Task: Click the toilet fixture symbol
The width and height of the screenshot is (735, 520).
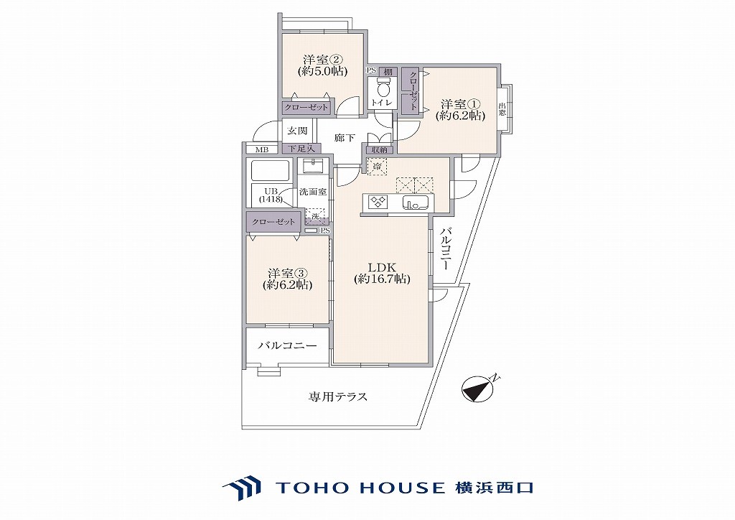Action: click(x=383, y=87)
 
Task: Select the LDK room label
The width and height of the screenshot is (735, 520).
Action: click(x=382, y=274)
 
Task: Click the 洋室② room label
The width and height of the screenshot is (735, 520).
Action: click(x=322, y=65)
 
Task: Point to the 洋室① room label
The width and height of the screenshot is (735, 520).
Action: click(x=460, y=110)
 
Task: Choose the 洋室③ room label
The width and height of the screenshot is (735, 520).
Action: click(x=287, y=279)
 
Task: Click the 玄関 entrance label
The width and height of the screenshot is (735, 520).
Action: click(x=297, y=130)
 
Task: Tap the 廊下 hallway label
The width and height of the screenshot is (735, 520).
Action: click(x=345, y=138)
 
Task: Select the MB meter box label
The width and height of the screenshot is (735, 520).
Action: click(x=262, y=150)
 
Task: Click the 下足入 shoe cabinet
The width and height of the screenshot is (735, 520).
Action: click(x=302, y=149)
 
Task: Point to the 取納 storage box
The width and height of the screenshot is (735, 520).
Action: click(x=379, y=149)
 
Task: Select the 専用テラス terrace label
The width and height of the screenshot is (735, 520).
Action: click(x=338, y=396)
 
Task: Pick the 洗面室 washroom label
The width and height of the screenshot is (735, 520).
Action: click(x=313, y=192)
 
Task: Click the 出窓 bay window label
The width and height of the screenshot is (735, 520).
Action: click(x=502, y=109)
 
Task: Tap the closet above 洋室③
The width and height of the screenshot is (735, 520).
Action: click(x=273, y=222)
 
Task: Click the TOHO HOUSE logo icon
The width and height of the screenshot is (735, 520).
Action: click(x=242, y=488)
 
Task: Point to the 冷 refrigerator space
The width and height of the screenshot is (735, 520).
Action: click(x=377, y=167)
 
